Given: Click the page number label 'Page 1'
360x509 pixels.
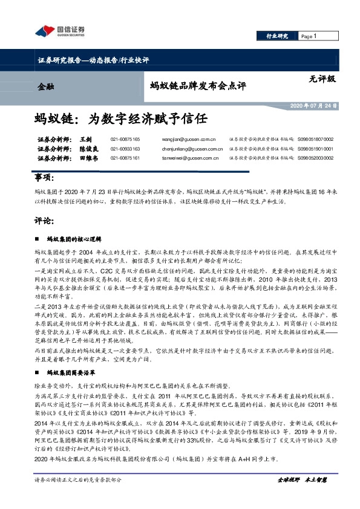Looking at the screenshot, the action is [309, 37].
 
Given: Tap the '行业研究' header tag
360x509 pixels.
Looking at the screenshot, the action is [277, 37].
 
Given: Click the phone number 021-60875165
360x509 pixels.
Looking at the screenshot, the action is [125, 139].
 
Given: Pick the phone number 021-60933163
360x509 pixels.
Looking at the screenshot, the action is [125, 148].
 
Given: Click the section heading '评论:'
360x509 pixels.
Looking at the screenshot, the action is [44, 221].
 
